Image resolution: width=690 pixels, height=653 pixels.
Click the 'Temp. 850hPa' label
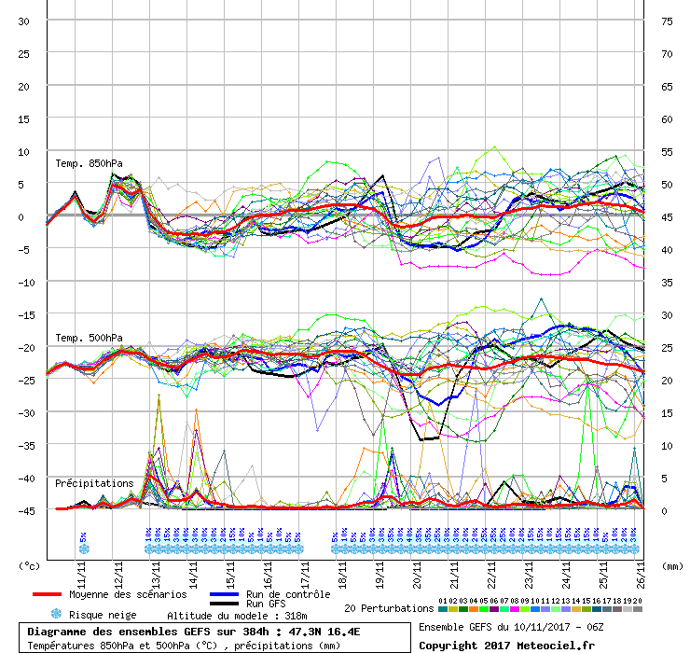coord(87,163)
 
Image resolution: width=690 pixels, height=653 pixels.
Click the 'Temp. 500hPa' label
coord(87,338)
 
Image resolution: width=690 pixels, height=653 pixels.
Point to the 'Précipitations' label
coord(93,484)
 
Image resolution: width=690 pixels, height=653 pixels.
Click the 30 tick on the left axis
coord(25,21)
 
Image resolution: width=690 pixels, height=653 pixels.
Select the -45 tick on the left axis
coord(25,510)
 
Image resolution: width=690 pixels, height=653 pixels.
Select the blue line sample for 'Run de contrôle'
coord(223,594)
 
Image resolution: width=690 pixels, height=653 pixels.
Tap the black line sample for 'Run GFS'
coord(223,604)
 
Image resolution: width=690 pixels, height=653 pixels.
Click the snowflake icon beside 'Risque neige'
coord(56,615)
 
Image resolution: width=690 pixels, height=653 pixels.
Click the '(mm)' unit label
coord(672,565)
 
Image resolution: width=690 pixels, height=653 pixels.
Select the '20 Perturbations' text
coord(387,608)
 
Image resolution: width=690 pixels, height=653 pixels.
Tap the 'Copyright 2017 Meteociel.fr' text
coord(506,645)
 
